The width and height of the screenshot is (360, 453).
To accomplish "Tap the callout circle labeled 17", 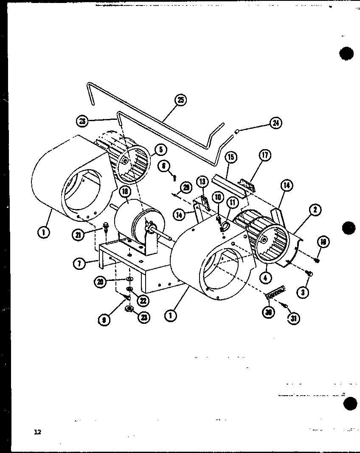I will [x=265, y=156].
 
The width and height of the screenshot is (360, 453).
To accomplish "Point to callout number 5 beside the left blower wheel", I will [x=160, y=150].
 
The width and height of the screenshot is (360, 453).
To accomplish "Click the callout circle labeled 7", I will [x=79, y=263].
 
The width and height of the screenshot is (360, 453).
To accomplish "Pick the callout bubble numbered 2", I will [x=315, y=209].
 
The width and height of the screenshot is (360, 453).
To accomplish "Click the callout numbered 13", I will [x=202, y=181].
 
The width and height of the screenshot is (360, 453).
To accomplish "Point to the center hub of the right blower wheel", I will [x=265, y=241].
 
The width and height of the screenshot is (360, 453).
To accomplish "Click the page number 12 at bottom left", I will [x=38, y=432].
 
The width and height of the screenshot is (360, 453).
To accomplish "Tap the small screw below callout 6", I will [x=174, y=177].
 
